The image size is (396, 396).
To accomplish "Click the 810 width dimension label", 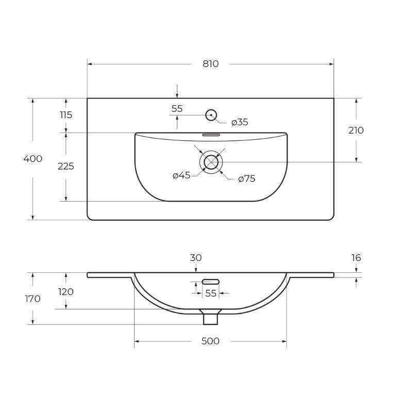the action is click(x=210, y=64).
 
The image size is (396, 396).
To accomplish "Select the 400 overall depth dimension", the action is click(x=32, y=159).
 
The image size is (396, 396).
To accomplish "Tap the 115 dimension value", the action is click(x=66, y=115).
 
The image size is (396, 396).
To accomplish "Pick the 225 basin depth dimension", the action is click(x=66, y=166).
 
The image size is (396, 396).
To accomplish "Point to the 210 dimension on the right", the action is click(x=356, y=130).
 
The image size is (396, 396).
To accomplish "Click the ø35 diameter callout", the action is click(x=240, y=123).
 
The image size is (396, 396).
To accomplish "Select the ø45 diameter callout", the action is click(x=181, y=175).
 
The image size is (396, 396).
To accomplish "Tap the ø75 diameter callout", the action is click(x=247, y=179).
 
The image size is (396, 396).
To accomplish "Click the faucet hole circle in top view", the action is click(x=211, y=115).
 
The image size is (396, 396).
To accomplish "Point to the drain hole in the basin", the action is click(x=211, y=162).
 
